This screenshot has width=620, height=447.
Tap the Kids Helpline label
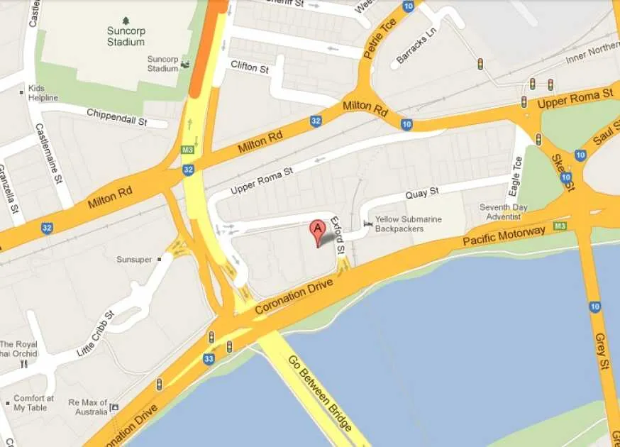(43, 93)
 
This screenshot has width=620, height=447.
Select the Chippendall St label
(116, 116)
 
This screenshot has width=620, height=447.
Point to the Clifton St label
(250, 68)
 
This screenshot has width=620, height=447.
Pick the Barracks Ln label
(416, 46)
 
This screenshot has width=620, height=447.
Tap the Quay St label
(422, 192)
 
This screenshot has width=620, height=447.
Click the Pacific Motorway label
(504, 237)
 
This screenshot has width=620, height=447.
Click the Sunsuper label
(134, 260)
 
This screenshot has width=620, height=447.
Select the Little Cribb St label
(96, 333)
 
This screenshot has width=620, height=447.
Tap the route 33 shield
(209, 359)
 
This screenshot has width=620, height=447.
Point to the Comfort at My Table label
(33, 403)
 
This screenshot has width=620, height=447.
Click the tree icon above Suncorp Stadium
(126, 21)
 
